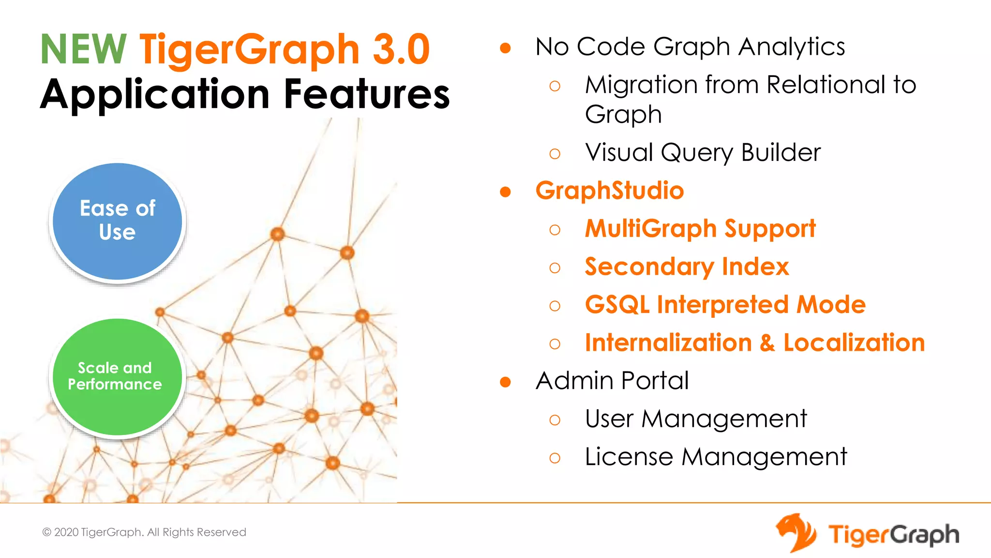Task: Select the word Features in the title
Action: [x=367, y=94]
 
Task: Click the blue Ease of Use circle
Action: [x=117, y=221]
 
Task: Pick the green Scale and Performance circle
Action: [x=116, y=377]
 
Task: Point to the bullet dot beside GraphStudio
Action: [x=505, y=192]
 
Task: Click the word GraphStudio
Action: [x=610, y=190]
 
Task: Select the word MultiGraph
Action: [x=651, y=229]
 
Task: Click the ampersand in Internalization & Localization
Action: [x=767, y=343]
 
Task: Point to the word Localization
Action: [x=854, y=343]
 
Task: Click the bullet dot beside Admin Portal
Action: [x=505, y=382]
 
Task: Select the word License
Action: [x=629, y=457]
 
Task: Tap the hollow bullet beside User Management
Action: [x=555, y=420]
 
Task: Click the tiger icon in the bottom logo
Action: [x=796, y=533]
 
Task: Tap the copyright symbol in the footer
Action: [x=47, y=532]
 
